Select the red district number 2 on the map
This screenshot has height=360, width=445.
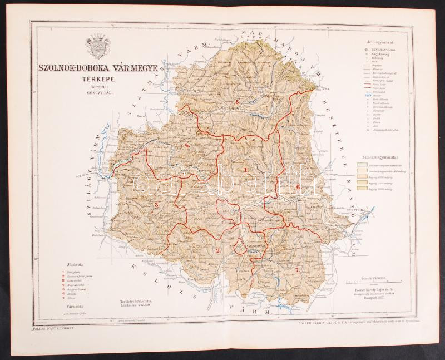pos(218,250)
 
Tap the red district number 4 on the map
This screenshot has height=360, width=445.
pos(187,146)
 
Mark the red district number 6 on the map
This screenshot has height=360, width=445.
pos(299,187)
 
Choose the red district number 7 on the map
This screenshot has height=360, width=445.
pos(298,269)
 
